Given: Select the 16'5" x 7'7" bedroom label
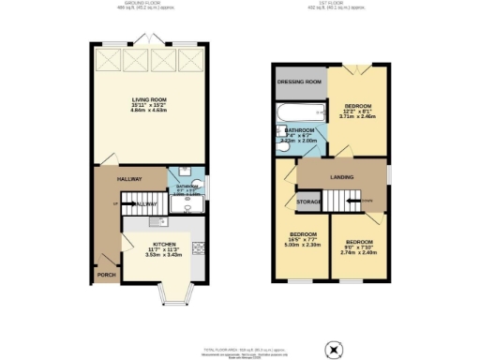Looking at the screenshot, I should [302, 239].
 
